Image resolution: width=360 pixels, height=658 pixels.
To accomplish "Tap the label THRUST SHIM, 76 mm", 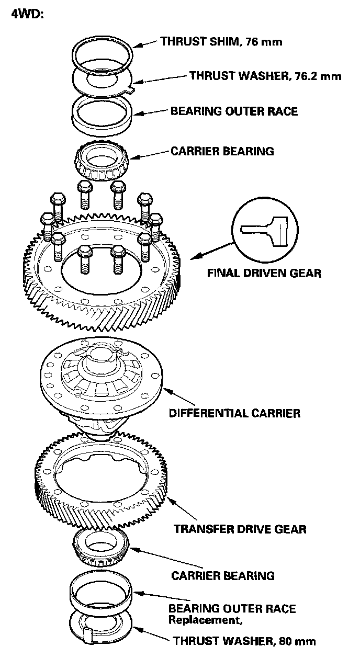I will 221,42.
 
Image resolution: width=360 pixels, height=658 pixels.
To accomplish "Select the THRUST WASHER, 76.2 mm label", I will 265,76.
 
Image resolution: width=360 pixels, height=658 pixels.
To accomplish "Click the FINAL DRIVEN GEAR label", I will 264,273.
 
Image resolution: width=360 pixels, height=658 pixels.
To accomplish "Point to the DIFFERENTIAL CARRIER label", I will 234,413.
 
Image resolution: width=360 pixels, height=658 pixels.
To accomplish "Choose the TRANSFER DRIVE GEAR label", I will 240,529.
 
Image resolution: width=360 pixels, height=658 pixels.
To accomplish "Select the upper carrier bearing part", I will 102,159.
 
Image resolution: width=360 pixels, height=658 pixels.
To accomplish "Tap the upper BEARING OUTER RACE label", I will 234,111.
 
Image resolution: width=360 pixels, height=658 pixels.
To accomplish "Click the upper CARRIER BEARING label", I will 222,151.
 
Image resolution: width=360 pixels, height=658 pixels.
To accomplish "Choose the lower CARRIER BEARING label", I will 223,576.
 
